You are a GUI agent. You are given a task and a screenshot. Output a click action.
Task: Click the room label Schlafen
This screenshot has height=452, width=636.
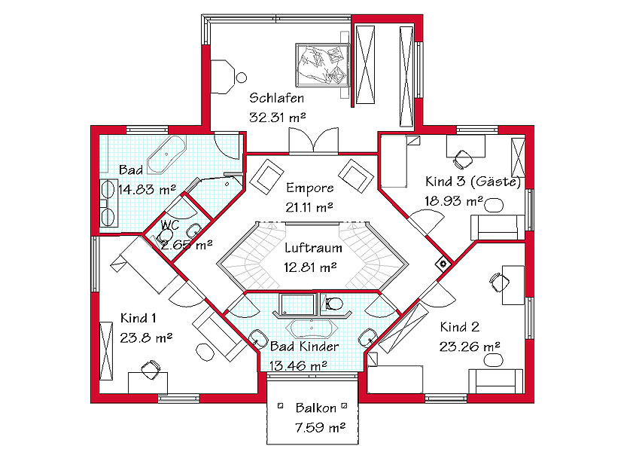tap(276, 98)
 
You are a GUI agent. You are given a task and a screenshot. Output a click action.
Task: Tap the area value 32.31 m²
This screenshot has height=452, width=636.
tap(278, 118)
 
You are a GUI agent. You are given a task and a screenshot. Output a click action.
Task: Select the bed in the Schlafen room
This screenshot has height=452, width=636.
tap(322, 65)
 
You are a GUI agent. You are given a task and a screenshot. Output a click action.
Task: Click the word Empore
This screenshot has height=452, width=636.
tap(310, 188)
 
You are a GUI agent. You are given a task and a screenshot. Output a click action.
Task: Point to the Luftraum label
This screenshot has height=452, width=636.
tap(313, 248)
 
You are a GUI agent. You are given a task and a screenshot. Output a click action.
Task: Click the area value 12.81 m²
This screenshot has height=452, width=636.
tap(310, 267)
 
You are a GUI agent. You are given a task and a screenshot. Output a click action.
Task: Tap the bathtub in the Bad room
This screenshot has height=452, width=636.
tap(166, 154)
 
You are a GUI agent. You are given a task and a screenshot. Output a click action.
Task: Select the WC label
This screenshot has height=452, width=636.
tap(169, 224)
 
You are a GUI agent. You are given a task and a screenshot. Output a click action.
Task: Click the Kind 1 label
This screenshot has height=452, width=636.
tap(138, 318)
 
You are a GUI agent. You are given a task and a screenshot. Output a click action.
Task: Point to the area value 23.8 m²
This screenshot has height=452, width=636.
tap(146, 337)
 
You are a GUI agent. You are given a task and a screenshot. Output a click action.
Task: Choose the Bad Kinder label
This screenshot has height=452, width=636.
tap(304, 347)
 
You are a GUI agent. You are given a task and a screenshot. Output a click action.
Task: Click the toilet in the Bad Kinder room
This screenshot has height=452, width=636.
tap(334, 303)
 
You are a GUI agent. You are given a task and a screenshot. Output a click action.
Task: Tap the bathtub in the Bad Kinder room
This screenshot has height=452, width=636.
tap(312, 328)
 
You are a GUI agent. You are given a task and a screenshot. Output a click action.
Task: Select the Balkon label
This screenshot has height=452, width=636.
tap(316, 408)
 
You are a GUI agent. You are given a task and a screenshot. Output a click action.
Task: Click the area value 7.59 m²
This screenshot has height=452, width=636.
tap(320, 427)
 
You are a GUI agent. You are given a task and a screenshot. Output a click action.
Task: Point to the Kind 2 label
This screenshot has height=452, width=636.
tap(460, 326)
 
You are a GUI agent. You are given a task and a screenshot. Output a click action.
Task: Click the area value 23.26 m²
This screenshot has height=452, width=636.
tap(470, 347)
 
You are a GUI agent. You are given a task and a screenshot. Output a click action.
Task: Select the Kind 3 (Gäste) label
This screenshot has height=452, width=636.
tap(473, 181)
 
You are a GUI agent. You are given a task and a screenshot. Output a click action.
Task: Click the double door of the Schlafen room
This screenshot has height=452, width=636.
tap(314, 142)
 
